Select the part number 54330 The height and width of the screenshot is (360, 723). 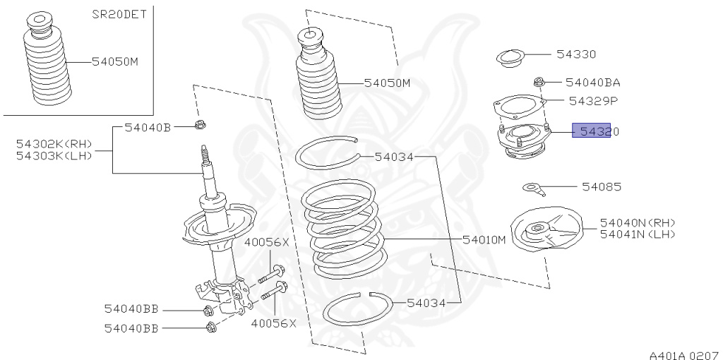(x=575, y=54)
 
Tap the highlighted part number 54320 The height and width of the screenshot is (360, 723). (x=591, y=131)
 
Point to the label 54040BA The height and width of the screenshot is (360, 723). (x=592, y=82)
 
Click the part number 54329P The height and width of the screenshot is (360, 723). (x=592, y=101)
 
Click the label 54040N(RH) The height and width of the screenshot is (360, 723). (x=637, y=222)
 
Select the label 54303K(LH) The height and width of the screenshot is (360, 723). (x=54, y=155)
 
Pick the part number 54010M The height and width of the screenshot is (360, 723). (x=484, y=240)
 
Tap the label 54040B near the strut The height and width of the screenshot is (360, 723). (x=148, y=127)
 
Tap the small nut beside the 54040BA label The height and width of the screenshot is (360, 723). (x=539, y=82)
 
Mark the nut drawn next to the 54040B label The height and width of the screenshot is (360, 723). (x=199, y=127)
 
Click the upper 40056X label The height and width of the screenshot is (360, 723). (x=266, y=242)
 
